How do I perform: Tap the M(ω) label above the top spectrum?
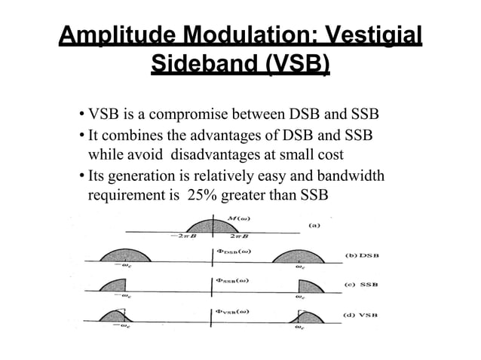(x=239, y=218)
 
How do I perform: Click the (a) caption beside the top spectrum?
(x=320, y=224)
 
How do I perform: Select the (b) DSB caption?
(x=362, y=255)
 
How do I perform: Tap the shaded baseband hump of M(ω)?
(x=207, y=224)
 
